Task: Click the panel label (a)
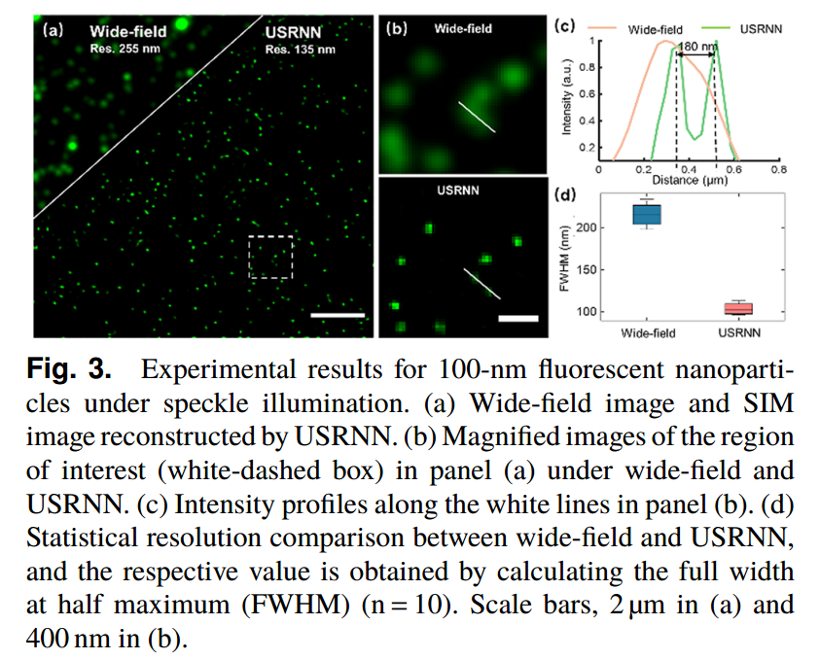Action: pyautogui.click(x=53, y=29)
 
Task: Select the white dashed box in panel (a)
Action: pyautogui.click(x=270, y=257)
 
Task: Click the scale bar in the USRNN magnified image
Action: pyautogui.click(x=517, y=317)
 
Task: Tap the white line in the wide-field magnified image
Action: pyautogui.click(x=477, y=116)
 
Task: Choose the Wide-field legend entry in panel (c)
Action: pyautogui.click(x=655, y=29)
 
